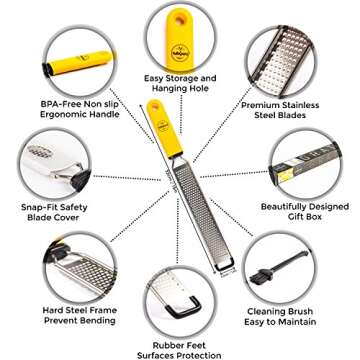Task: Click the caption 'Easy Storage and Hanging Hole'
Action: tap(180, 83)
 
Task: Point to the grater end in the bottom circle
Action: tap(180, 300)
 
